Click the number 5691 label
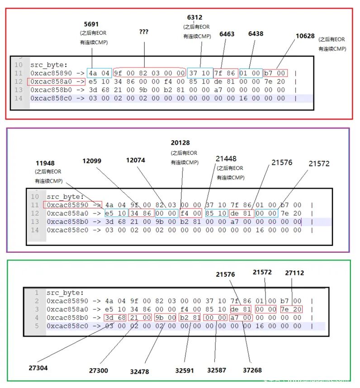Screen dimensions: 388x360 (x=91, y=24)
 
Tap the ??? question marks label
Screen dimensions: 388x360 (x=144, y=32)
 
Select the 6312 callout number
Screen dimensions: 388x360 (x=194, y=18)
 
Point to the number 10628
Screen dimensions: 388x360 (x=305, y=36)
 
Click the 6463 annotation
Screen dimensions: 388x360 (x=227, y=34)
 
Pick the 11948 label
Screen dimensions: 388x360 (x=45, y=163)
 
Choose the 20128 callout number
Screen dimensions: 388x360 (x=180, y=143)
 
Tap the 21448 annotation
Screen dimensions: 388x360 (x=226, y=159)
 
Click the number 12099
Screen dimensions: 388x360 (x=92, y=161)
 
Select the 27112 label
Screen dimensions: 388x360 (x=294, y=273)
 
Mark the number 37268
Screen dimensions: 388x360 (x=252, y=370)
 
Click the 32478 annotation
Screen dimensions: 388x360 (x=140, y=372)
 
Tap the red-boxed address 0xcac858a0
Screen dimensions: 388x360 (x=56, y=82)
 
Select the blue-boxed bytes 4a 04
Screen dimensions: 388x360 (x=99, y=73)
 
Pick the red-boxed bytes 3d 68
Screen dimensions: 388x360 (x=115, y=318)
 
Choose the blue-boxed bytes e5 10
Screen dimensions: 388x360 (x=116, y=213)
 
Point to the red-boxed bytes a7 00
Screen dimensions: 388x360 (x=241, y=318)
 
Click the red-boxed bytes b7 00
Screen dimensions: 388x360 (x=275, y=73)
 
